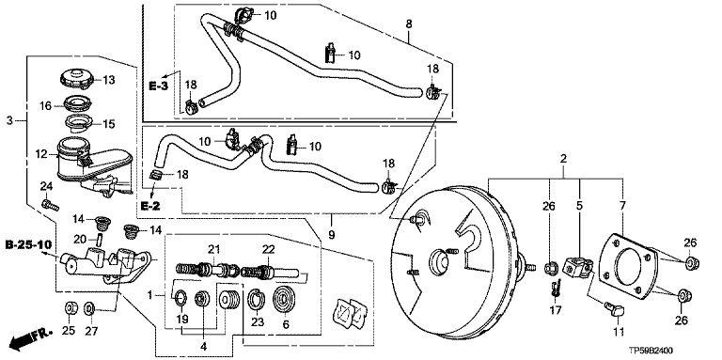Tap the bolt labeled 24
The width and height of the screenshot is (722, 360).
(49, 205)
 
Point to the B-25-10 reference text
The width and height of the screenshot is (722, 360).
(28, 244)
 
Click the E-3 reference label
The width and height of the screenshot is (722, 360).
(158, 86)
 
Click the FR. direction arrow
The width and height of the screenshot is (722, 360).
(27, 339)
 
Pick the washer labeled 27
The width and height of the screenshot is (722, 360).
(89, 306)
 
